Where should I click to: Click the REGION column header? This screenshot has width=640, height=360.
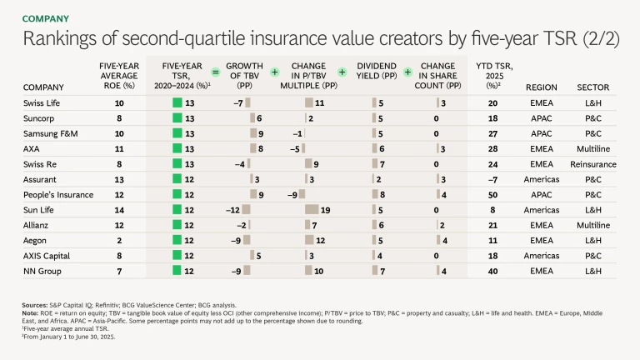pos(541,87)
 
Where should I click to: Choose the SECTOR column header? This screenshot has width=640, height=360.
pos(592,87)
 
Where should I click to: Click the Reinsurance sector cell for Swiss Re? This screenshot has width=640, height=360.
pos(592,164)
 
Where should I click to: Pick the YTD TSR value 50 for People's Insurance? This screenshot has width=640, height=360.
pos(492,194)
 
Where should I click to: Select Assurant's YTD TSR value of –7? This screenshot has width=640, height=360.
pos(492,179)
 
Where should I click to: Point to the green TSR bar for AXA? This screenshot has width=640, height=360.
pos(177,148)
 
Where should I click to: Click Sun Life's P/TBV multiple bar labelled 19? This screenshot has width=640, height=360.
pos(312,210)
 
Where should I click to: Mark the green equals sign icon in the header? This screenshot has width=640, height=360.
pos(215,72)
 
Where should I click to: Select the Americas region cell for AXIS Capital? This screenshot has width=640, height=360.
pos(541,256)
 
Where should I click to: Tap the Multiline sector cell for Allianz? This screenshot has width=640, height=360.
pos(592,225)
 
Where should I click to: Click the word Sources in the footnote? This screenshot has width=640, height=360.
pos(35,306)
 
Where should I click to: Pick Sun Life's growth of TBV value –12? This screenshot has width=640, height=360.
pos(233,210)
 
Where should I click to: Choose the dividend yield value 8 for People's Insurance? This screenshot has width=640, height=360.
pos(382,194)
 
